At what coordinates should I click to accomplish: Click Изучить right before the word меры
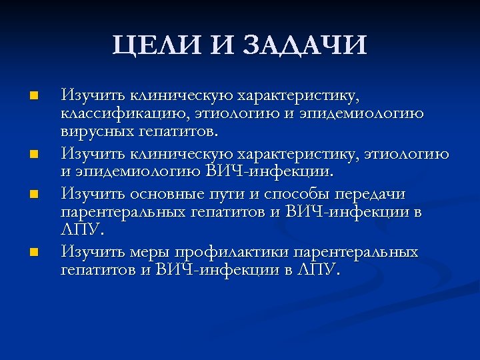click(x=88, y=253)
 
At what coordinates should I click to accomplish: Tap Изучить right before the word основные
click(x=88, y=194)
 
